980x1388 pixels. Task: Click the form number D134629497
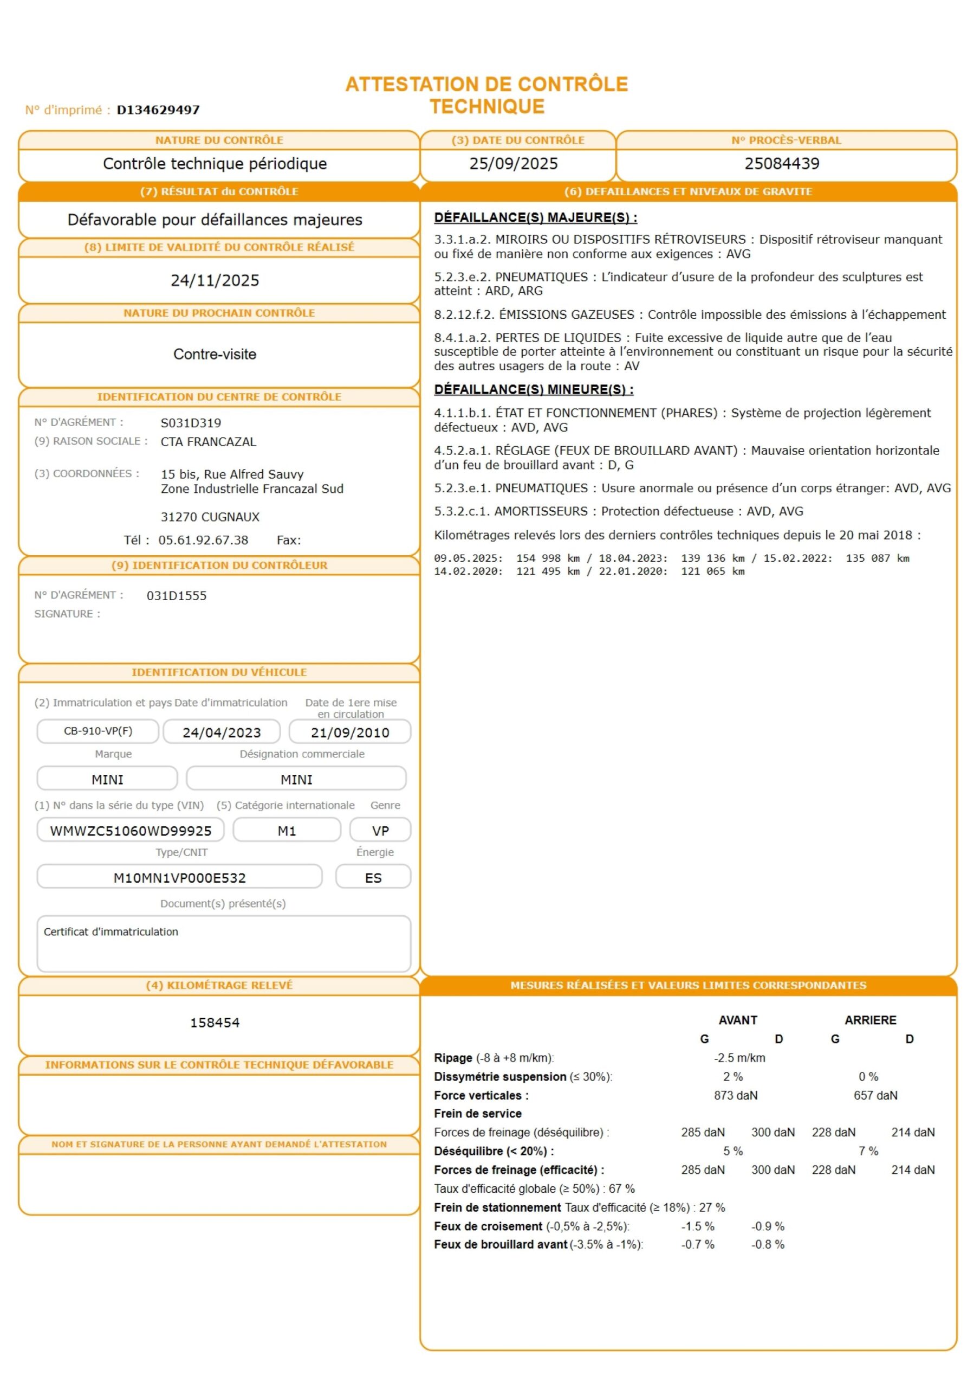click(x=158, y=110)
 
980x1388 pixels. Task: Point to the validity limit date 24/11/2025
click(x=215, y=280)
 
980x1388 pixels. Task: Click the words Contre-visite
click(x=215, y=354)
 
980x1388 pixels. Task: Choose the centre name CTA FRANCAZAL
click(x=208, y=442)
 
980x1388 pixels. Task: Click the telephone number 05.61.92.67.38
click(x=203, y=541)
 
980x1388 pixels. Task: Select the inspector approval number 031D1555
click(x=177, y=596)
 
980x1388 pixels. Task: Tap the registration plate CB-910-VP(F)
click(x=98, y=731)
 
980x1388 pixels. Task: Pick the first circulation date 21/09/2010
click(x=350, y=732)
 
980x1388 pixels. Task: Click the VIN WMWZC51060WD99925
click(x=131, y=831)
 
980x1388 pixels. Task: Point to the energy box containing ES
click(x=373, y=878)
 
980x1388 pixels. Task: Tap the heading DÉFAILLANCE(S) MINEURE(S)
click(x=533, y=390)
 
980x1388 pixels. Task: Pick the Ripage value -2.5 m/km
click(x=739, y=1058)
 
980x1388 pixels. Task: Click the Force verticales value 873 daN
click(x=735, y=1095)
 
